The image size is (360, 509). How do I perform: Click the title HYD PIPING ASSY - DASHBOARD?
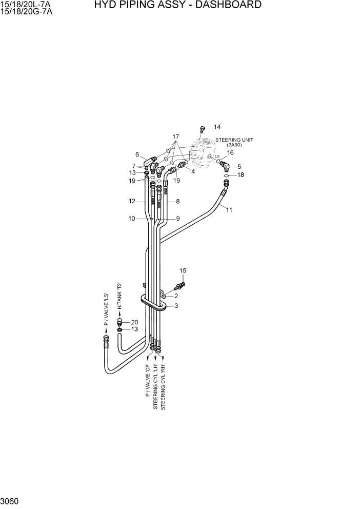(177, 5)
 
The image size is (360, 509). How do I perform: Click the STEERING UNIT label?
(234, 140)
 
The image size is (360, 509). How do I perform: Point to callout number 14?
(217, 127)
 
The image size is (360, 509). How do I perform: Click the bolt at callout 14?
(203, 129)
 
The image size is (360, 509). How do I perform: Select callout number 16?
(230, 153)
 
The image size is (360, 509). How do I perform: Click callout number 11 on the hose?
(229, 209)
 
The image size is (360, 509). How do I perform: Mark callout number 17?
(175, 137)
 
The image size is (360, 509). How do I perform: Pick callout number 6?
(137, 154)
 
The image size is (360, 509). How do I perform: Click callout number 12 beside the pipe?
(132, 202)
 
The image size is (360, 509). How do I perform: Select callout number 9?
(177, 219)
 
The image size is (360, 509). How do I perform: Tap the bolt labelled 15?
(181, 286)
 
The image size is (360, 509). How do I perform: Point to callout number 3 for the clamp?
(176, 306)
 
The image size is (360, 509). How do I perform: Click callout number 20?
(134, 322)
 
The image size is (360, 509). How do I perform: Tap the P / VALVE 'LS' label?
(106, 309)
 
